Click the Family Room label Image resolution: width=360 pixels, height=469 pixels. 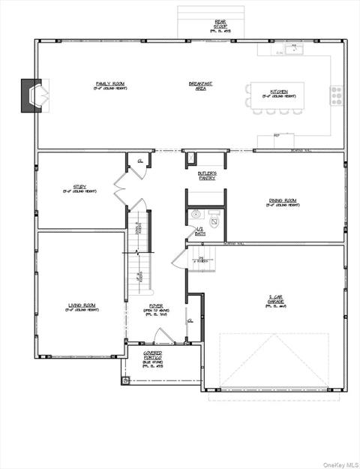point(110,85)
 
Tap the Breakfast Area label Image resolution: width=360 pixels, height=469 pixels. point(200,85)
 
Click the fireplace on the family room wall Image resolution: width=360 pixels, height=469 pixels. point(32,95)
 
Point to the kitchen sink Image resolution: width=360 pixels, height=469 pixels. point(294,51)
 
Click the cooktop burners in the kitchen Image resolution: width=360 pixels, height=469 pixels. point(335,95)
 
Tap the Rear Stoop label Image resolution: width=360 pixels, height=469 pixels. point(199,27)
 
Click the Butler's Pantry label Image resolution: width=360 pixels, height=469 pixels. point(208,176)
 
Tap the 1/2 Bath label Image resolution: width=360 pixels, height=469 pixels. point(199,231)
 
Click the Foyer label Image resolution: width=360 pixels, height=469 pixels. point(156,307)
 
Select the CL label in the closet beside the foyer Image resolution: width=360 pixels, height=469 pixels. point(190,320)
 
